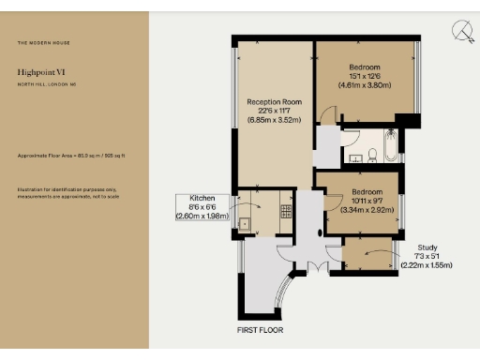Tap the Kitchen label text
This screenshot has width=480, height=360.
[x=202, y=199]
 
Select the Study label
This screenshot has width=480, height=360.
[x=426, y=247]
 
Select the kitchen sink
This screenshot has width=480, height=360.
[x=243, y=223]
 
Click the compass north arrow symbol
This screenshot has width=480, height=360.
[x=461, y=33]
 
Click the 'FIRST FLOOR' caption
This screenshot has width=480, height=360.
[x=260, y=330]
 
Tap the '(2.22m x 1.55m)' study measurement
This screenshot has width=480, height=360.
[x=426, y=265]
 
